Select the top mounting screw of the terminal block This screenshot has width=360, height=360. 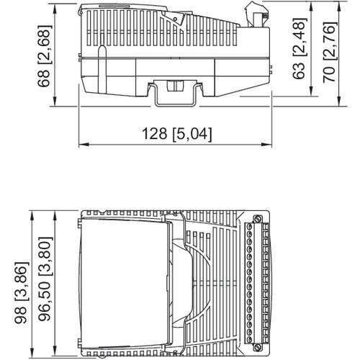tap(257, 219)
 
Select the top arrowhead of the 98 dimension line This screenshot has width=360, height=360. tap(34, 213)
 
